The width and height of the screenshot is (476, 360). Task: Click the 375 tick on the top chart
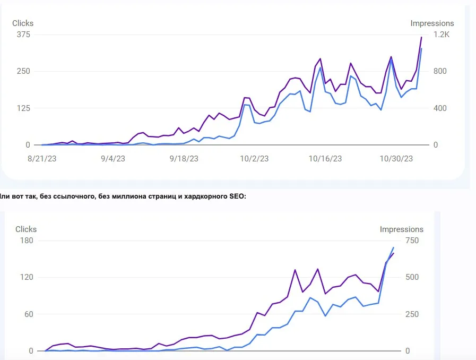[x=23, y=35]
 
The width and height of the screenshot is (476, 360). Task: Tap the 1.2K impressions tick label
[x=442, y=35]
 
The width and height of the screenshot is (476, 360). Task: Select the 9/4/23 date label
[x=113, y=159]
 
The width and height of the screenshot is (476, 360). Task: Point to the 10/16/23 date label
[x=325, y=159]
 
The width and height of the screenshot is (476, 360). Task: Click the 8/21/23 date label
[x=42, y=159]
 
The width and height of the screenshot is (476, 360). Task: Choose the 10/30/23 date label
[x=396, y=159]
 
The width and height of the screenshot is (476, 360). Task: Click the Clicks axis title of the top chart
[x=23, y=23]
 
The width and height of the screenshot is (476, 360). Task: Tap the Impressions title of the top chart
[x=432, y=23]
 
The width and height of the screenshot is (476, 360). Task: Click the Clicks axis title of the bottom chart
[x=26, y=229]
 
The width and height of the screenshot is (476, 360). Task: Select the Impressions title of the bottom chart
[x=401, y=229]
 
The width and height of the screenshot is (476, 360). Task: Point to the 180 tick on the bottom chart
[x=27, y=241]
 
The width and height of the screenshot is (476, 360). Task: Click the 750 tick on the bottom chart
[x=412, y=241]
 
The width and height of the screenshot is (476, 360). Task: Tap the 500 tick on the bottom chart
[x=412, y=277]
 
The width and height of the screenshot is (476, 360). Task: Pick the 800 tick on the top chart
[x=440, y=71]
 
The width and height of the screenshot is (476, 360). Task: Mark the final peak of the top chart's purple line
[x=421, y=37]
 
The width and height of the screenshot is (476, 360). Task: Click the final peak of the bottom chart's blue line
[x=393, y=247]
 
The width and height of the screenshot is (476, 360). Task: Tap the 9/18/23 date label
[x=184, y=159]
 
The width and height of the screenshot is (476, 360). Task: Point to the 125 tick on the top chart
[x=23, y=108]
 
